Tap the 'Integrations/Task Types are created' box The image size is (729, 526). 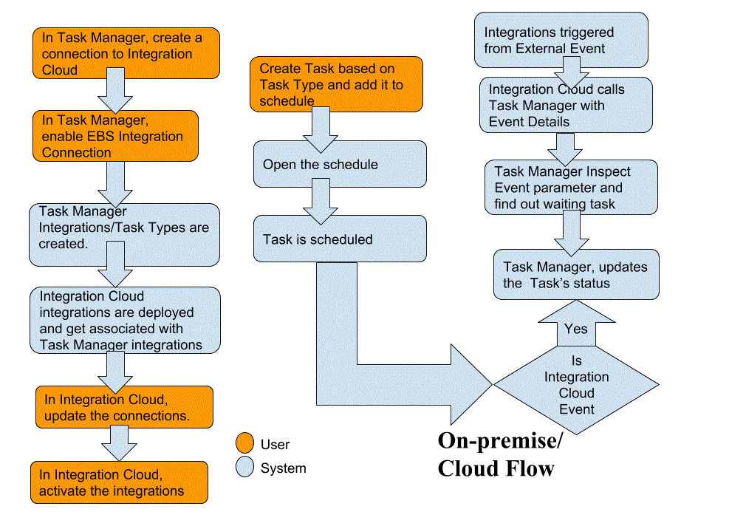[124, 235]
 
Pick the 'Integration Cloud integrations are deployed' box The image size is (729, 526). [126, 321]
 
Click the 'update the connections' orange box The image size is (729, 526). [124, 407]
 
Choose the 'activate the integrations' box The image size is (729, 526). [119, 482]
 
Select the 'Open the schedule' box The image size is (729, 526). [340, 164]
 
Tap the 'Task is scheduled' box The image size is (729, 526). [340, 239]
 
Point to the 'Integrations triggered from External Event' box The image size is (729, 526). [561, 40]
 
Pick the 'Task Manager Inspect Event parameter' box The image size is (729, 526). [571, 188]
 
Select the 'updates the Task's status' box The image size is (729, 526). [576, 274]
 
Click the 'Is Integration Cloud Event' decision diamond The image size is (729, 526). [576, 384]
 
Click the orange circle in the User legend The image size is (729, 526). [244, 444]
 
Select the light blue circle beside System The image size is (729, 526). [244, 468]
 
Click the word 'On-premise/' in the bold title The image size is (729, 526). [500, 441]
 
